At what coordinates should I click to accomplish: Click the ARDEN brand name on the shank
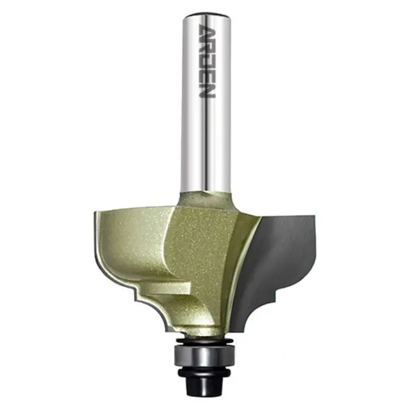click(207, 61)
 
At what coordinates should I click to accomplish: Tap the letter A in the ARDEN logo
click(207, 31)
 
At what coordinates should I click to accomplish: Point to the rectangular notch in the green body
click(168, 287)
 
